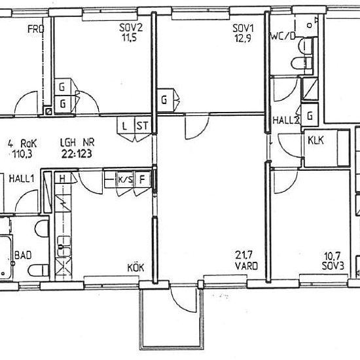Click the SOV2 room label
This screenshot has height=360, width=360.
pos(131,28)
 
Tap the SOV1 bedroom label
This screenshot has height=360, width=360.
pos(243,29)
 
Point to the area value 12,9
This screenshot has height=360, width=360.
pos(243,39)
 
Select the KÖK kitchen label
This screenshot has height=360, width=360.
pos(135,268)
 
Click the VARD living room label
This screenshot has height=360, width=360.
pos(246,266)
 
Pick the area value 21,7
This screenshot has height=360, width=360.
pos(244,255)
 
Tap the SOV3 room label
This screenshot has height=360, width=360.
pos(333,266)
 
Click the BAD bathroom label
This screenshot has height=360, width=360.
pos(23,255)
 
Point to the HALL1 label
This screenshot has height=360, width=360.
pos(22,179)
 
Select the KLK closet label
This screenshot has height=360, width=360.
pos(315,140)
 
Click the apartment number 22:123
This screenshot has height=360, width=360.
pos(77,154)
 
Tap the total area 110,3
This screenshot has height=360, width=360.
pos(22,154)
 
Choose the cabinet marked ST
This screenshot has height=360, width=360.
pos(143,126)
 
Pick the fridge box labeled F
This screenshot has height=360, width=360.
pos(142,179)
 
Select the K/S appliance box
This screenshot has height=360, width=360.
pos(126,179)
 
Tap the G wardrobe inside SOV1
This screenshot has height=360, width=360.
pos(164,100)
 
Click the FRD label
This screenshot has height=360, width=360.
pos(35,29)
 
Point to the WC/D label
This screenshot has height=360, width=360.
pos(283,36)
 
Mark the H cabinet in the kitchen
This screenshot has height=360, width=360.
pos(62,179)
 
